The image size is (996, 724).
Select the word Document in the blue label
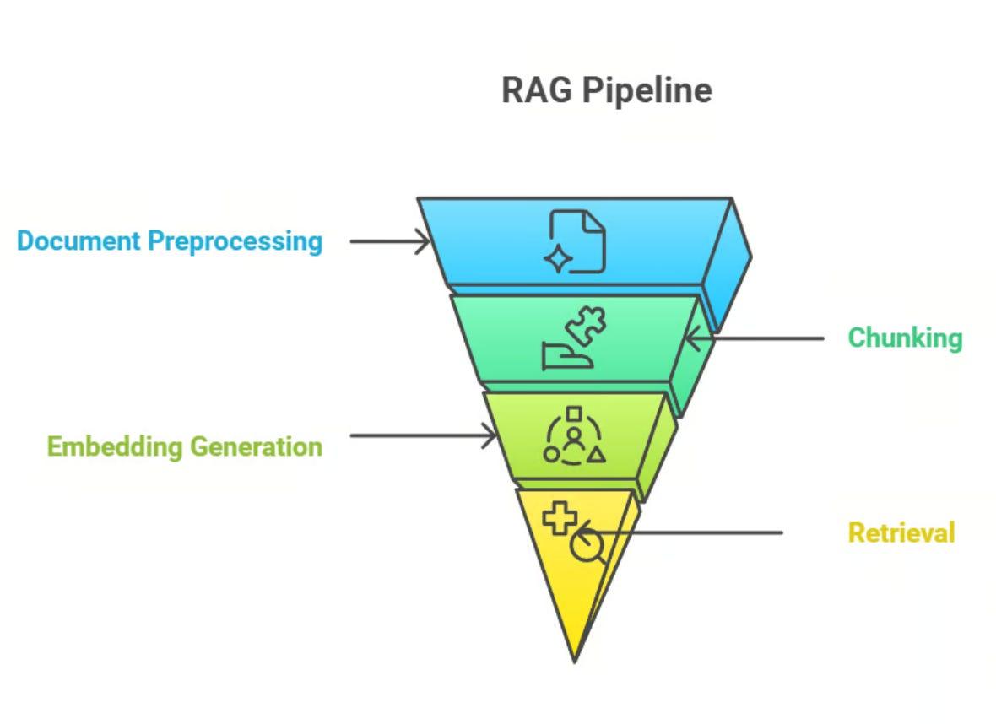(78, 240)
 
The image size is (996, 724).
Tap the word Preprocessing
(235, 241)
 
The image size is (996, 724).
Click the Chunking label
(904, 338)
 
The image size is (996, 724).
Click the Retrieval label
(901, 533)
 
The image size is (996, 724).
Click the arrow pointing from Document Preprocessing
(389, 242)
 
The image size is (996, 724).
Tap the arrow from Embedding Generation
(422, 436)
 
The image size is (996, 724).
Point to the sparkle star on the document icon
(558, 259)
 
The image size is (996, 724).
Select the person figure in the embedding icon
(574, 440)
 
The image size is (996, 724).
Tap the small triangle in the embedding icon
(596, 455)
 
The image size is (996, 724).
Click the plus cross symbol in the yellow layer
(559, 517)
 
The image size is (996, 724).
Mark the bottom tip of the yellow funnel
(574, 659)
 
